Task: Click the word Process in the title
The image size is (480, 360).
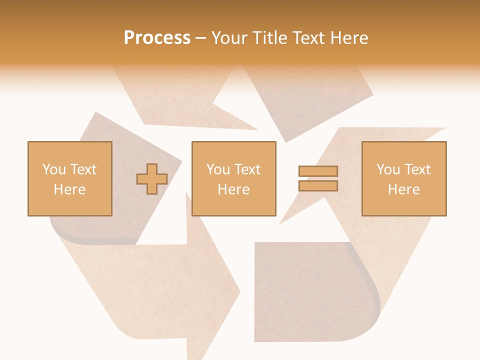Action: [x=157, y=38]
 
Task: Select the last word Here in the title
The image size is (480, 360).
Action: [x=350, y=38]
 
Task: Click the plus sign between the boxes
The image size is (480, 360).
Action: [x=152, y=179]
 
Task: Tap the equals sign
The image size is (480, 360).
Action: [x=318, y=178]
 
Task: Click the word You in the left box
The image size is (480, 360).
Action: [x=53, y=169]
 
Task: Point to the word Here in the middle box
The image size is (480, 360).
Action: [x=233, y=189]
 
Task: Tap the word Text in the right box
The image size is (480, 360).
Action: [x=417, y=169]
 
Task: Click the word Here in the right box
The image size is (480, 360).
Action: [x=403, y=189]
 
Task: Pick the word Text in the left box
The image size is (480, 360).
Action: [x=83, y=169]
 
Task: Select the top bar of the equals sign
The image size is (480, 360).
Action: [x=318, y=171]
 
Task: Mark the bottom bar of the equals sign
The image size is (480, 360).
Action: [x=318, y=185]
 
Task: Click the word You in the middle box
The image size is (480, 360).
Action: [x=217, y=169]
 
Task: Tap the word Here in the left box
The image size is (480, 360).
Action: [x=69, y=189]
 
